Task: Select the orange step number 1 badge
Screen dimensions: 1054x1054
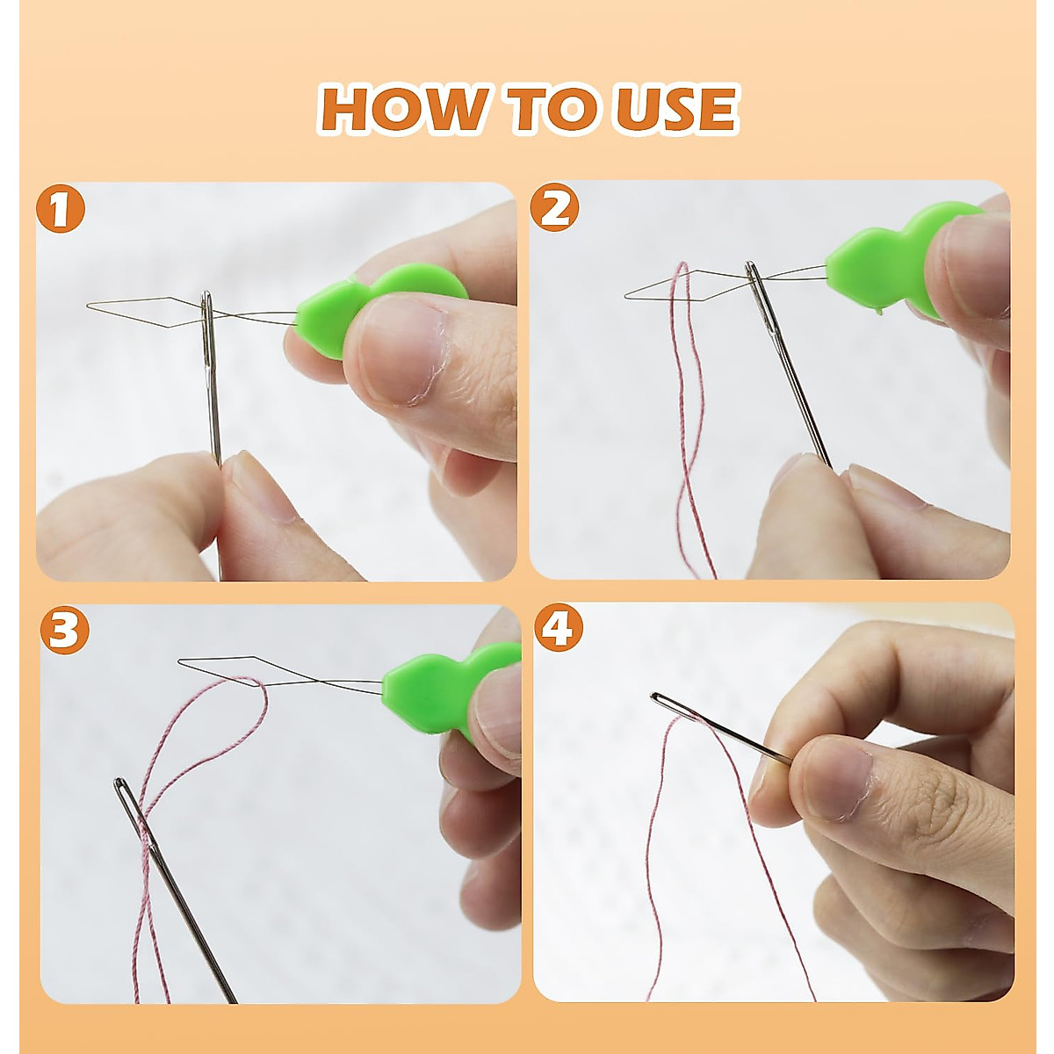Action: point(61,209)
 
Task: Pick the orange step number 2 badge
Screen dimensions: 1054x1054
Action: point(554,209)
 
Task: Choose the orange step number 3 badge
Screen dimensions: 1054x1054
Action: point(64,631)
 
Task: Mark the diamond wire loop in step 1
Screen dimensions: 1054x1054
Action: point(145,313)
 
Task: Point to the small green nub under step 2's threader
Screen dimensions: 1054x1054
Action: point(877,311)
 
